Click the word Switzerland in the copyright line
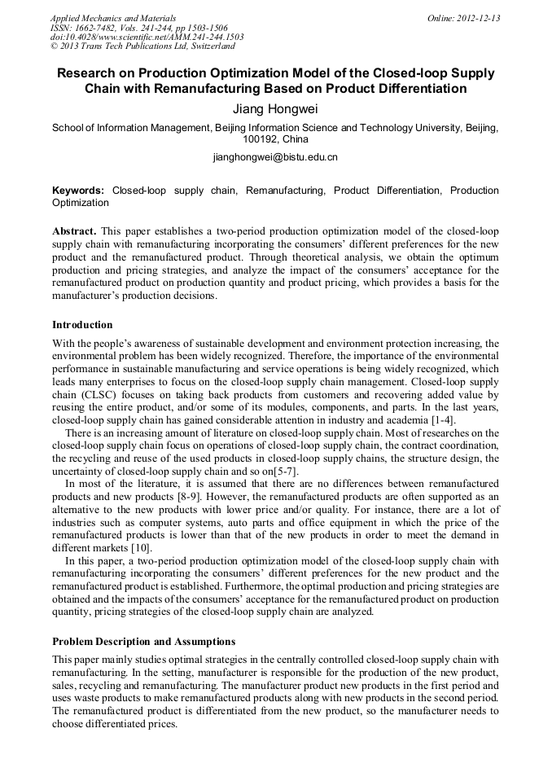tap(202, 46)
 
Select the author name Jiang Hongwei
tap(275, 107)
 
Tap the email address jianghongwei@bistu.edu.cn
tap(275, 156)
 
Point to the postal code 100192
tap(261, 139)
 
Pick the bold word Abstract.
tap(74, 231)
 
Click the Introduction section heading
tap(82, 325)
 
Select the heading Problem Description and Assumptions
tap(144, 642)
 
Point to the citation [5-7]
tap(283, 472)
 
